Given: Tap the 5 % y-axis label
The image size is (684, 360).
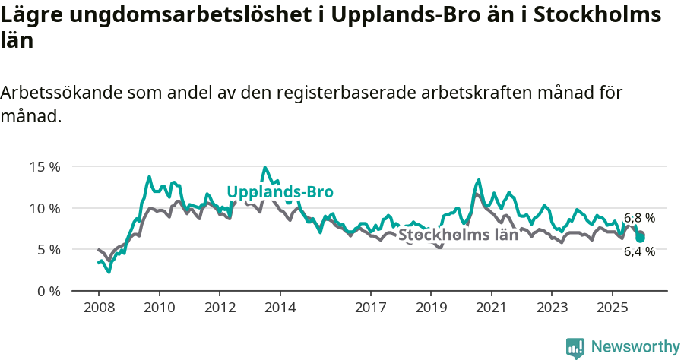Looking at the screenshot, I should [x=47, y=249].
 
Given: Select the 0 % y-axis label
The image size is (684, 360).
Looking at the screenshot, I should [x=47, y=291].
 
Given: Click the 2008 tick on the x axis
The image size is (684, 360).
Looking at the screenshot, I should [x=99, y=308].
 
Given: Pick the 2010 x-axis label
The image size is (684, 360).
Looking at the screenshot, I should [x=159, y=308].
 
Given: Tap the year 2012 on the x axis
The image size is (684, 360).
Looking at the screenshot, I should [x=220, y=308].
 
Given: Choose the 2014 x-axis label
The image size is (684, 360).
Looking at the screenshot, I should [x=280, y=308].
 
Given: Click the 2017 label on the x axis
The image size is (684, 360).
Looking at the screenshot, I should [x=370, y=308].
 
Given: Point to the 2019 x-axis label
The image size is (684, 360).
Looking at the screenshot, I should [x=431, y=308].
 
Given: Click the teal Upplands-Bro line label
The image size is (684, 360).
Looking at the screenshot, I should [x=280, y=192].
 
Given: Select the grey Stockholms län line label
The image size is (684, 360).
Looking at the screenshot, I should [x=458, y=235].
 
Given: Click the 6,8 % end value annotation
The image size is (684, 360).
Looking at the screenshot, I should [x=639, y=218].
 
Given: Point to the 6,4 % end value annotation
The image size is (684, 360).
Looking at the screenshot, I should [x=639, y=251].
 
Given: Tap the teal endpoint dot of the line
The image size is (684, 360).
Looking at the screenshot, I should [x=640, y=238].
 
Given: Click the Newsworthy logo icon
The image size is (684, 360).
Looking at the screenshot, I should [x=575, y=347].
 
